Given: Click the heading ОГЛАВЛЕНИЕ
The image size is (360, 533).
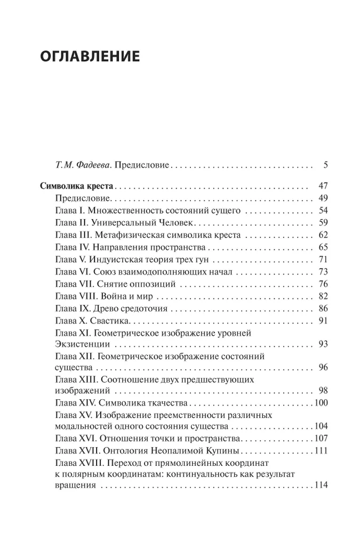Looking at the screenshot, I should click(x=90, y=56).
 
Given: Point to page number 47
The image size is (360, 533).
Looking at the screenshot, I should click(x=322, y=187).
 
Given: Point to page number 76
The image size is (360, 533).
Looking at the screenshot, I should click(x=322, y=284).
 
